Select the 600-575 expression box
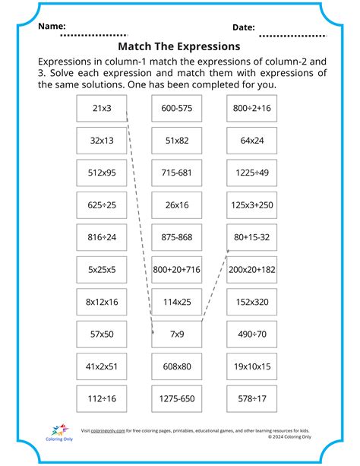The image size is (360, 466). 176,109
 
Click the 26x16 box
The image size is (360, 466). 176,205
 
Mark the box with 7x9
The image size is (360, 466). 176,334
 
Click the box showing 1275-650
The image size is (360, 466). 176,398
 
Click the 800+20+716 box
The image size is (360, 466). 176,269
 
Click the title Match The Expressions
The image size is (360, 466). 180,46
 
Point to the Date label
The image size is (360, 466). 243,27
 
